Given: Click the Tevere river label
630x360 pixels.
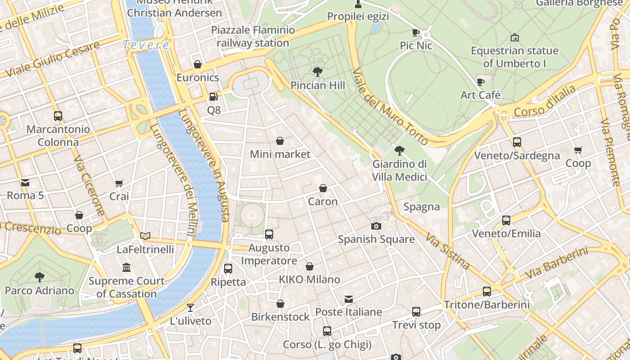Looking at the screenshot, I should pos(146,45).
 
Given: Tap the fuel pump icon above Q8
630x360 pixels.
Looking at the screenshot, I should pos(213,97).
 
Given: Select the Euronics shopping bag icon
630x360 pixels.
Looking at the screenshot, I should pos(197,64).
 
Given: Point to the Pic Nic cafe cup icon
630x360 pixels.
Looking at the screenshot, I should pos(416,32).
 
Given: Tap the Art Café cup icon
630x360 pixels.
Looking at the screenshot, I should pos(481,82).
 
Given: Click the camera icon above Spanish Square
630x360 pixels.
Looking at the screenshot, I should pos(376,226).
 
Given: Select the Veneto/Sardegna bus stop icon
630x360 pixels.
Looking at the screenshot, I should pos(517,142).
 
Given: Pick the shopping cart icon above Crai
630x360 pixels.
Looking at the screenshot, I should pos(119,183).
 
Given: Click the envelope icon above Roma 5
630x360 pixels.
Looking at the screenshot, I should pos(25,182).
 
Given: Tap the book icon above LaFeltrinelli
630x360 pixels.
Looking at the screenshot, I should pos(145,236).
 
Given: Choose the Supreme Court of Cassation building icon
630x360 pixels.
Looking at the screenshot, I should pos(126,268).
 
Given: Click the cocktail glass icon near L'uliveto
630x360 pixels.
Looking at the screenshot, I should pos(190,308).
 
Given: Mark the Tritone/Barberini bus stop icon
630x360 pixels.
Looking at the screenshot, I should pos(487,291).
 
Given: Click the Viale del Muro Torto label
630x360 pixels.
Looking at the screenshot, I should pos(390,106).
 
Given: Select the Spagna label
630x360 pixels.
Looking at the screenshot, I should pos(421,207).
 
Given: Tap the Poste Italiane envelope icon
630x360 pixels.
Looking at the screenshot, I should pos(348,299).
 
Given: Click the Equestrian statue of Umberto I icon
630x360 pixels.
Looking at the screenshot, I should pos(515,37).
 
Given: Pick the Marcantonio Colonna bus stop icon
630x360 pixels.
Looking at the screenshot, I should pos(58,116).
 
